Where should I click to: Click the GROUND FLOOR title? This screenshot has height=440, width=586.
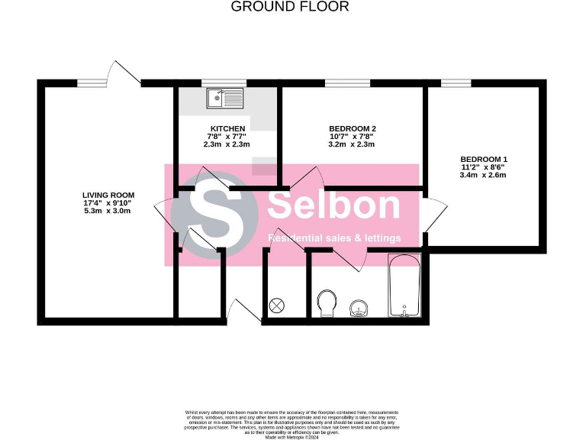[289, 7]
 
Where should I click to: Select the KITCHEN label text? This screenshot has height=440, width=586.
[227, 128]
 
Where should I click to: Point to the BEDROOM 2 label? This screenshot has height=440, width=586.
[352, 128]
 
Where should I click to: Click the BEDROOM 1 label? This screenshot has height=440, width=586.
[483, 159]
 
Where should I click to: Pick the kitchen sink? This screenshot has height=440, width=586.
[224, 97]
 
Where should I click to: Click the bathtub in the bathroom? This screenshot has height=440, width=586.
[404, 286]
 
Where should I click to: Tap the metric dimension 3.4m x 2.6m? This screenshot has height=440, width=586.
[483, 175]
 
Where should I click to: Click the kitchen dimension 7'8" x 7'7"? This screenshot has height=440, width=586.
[227, 136]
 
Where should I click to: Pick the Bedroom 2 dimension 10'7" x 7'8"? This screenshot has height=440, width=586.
[352, 136]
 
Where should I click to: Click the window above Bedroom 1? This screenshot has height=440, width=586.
[456, 82]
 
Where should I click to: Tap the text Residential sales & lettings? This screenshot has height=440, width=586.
[334, 239]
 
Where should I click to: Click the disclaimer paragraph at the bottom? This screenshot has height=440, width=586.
[292, 423]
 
